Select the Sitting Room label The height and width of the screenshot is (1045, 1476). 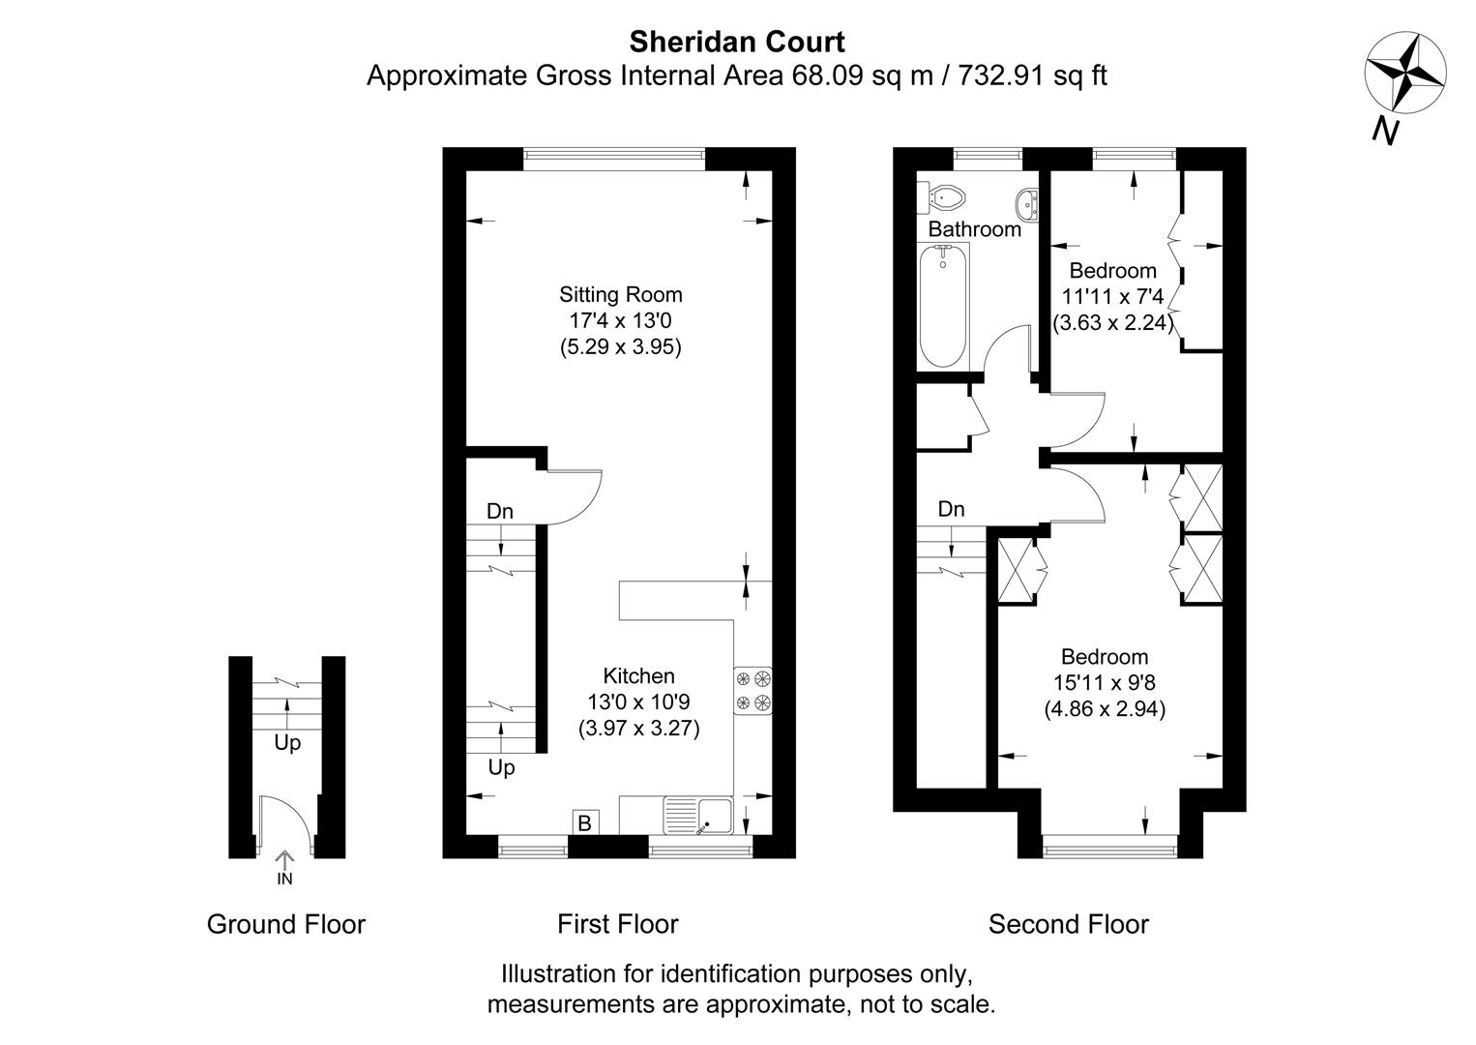pos(620,294)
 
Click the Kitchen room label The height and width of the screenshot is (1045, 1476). pos(638,675)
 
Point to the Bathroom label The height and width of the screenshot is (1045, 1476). pos(974,229)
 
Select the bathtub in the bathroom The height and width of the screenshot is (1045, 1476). pos(943,304)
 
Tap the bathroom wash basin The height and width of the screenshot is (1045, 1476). pos(1027,203)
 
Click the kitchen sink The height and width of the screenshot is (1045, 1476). pos(698,815)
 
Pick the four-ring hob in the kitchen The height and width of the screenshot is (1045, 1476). pos(753,691)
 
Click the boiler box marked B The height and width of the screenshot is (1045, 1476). pos(584,823)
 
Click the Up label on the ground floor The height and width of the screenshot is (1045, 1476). pos(287,743)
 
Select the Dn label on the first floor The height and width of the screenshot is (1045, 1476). pos(499,512)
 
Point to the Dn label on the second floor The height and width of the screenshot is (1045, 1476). pos(951,509)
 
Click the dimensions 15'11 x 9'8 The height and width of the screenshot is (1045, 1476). pos(1104,682)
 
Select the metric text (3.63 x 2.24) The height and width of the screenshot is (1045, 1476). pos(1113,323)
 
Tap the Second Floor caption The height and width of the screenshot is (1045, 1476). pos(1068,924)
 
